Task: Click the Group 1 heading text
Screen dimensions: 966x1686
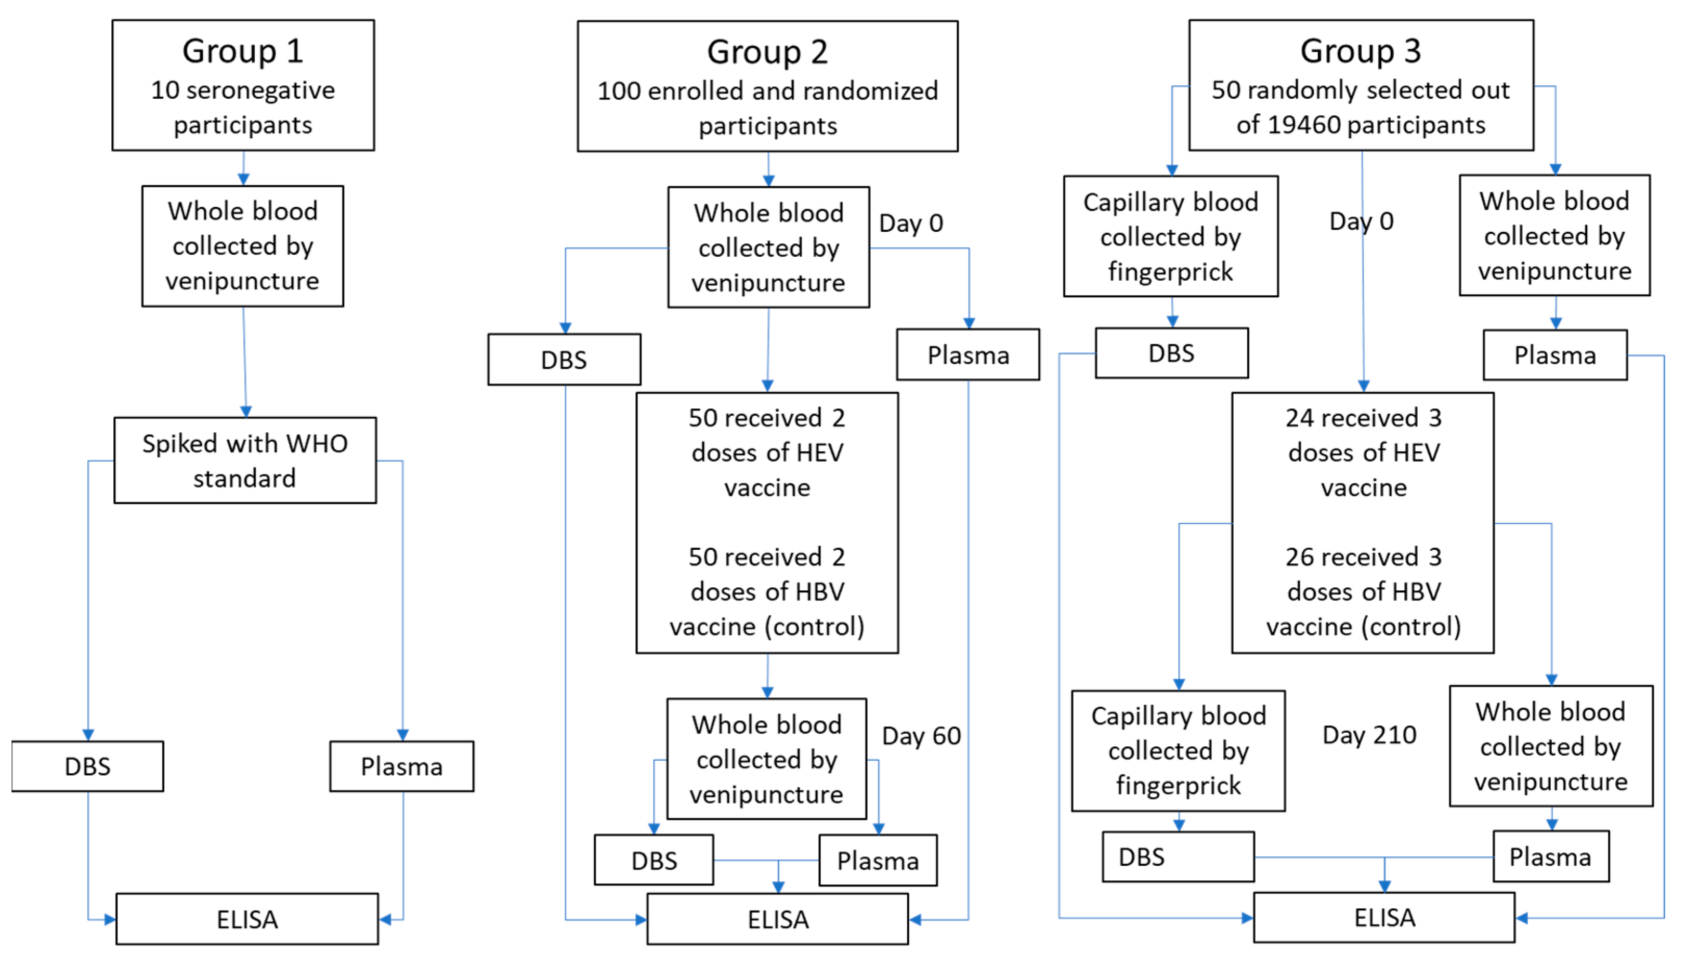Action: point(243,51)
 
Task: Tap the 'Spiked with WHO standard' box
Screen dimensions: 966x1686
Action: point(245,460)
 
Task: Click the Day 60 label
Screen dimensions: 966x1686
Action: point(921,736)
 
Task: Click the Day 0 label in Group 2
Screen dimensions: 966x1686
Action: point(911,223)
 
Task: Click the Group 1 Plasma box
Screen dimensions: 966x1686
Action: point(401,766)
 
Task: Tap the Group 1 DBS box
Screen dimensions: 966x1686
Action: point(88,766)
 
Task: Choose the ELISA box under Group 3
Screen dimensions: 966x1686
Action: point(1384,918)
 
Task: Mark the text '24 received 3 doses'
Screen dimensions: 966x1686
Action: point(1363,435)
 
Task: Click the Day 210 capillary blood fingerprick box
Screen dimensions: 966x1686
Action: point(1178,750)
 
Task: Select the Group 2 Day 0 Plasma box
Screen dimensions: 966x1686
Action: point(968,355)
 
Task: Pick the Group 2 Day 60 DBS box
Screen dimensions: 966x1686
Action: point(654,861)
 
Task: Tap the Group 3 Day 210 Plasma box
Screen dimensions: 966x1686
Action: point(1551,856)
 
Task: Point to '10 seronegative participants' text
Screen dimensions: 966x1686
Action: point(243,108)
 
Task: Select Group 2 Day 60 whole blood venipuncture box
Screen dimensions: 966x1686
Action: point(767,759)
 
